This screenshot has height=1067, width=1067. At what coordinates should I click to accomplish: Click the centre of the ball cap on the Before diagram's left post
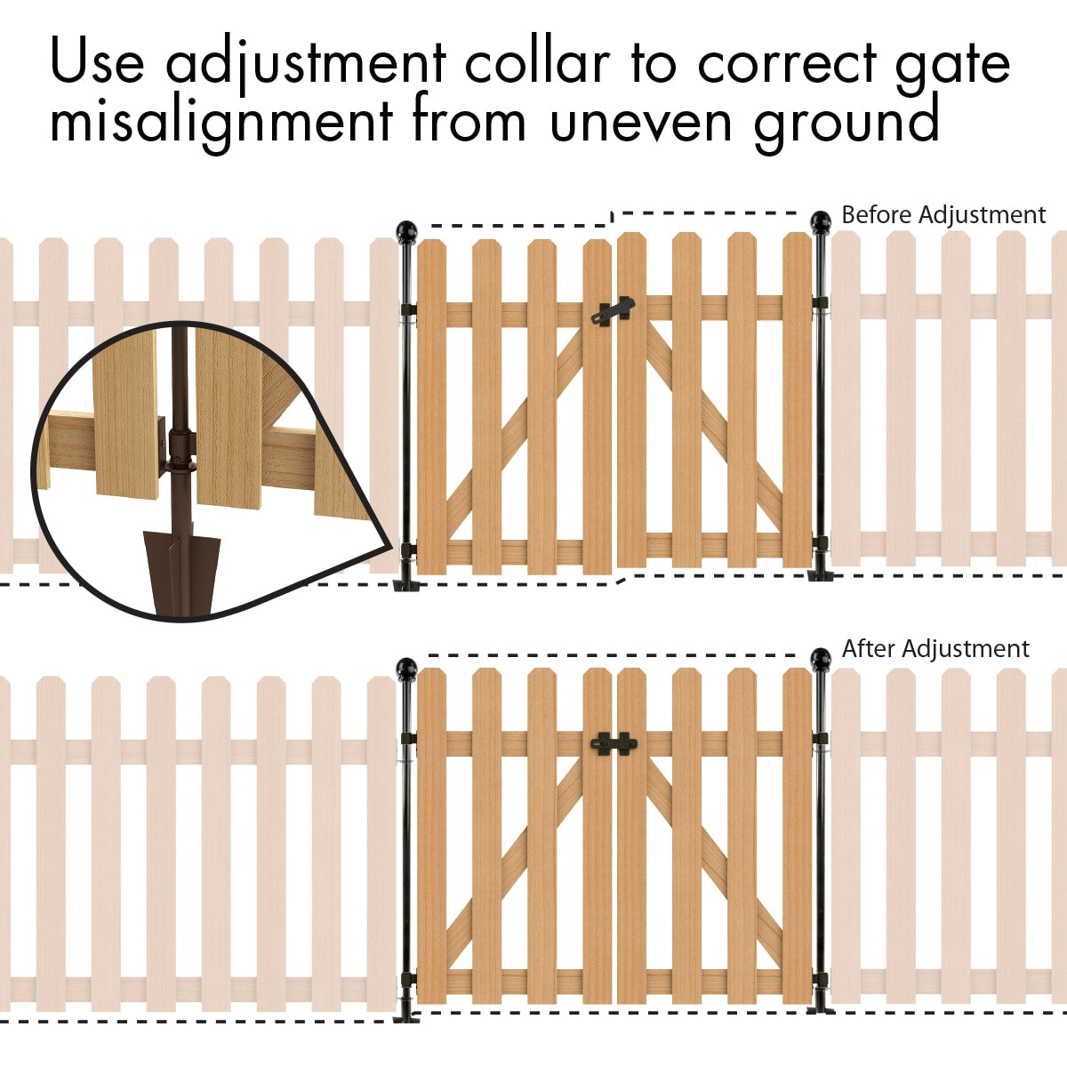click(406, 230)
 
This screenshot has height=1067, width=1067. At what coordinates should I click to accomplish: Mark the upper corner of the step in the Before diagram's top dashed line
click(612, 213)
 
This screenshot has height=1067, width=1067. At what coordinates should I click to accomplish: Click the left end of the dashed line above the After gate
click(429, 655)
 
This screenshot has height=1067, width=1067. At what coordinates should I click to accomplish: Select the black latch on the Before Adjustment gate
click(613, 310)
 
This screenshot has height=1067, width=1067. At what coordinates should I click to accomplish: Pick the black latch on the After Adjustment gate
click(614, 743)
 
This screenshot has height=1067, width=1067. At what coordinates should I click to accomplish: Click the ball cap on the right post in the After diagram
click(820, 658)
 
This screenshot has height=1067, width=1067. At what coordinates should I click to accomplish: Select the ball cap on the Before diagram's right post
click(821, 221)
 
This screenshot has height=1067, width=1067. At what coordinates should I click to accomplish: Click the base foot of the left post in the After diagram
click(406, 1019)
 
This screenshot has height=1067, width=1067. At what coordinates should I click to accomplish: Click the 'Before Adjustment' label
click(943, 215)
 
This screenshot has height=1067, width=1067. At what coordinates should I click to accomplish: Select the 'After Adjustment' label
click(935, 648)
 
